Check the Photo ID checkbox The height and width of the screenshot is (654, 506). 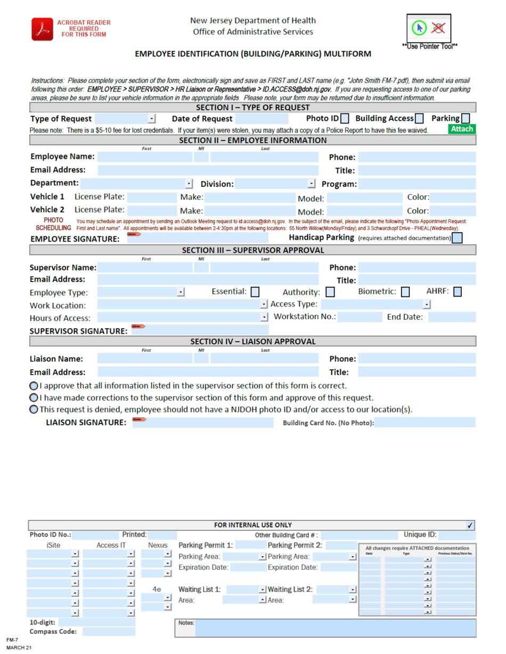(x=345, y=118)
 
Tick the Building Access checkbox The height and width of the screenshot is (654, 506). (x=420, y=118)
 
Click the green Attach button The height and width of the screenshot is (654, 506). (x=462, y=129)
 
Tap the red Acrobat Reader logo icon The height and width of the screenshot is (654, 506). (x=41, y=28)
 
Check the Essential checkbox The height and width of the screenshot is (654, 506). (x=255, y=292)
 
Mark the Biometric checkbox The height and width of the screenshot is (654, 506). (x=405, y=292)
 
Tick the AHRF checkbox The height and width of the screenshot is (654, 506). (x=458, y=292)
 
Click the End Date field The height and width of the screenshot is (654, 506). (x=451, y=318)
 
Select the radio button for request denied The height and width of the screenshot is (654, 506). (x=34, y=409)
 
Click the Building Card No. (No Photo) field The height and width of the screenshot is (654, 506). (x=425, y=423)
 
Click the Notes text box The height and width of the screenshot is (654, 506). (x=335, y=628)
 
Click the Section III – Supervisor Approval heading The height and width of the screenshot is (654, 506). (x=252, y=250)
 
